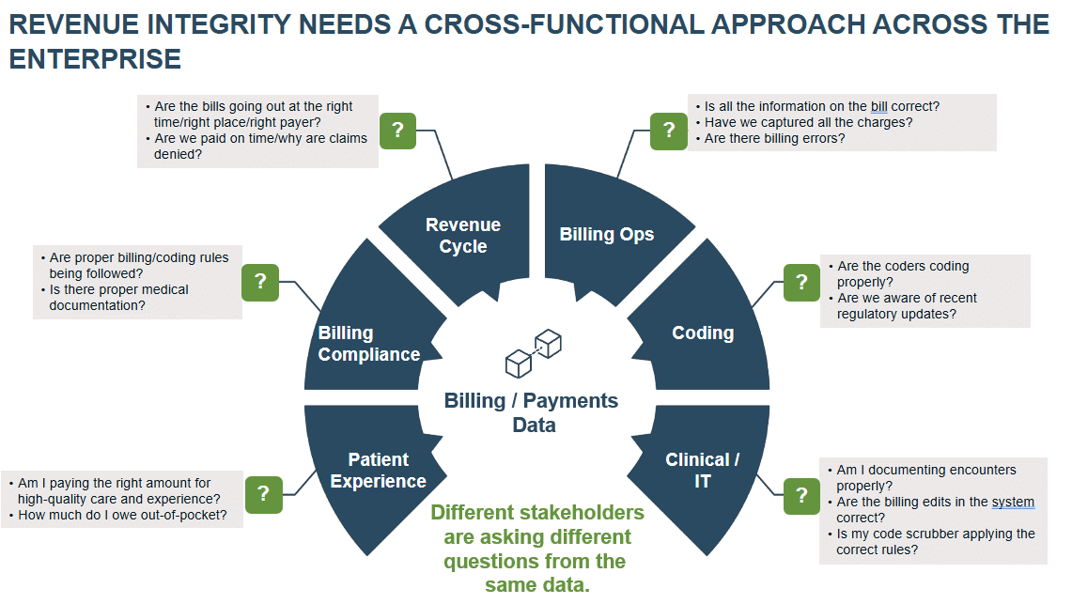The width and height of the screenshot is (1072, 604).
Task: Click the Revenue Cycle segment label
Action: point(463,236)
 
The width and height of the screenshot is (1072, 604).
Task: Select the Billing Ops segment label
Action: point(606,235)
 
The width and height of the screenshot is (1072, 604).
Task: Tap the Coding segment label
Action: point(703,333)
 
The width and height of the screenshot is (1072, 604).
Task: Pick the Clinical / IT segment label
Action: point(702,470)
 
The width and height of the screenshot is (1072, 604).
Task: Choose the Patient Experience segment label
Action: point(379,470)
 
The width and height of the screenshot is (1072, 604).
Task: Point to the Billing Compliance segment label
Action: point(368,344)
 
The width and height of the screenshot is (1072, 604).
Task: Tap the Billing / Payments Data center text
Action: point(532,412)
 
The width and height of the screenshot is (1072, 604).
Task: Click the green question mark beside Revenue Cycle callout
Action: point(398,131)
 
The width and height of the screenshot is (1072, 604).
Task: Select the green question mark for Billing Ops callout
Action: point(669,131)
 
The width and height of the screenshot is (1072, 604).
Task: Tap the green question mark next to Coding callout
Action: point(801,282)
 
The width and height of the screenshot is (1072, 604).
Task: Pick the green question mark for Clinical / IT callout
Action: point(801,495)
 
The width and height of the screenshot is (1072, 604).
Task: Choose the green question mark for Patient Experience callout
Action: point(264,494)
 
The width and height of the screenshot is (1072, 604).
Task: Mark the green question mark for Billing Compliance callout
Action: point(260,281)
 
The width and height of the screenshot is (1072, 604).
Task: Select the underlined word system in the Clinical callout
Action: point(1013,502)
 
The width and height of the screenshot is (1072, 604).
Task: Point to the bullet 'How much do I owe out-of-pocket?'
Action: point(122,515)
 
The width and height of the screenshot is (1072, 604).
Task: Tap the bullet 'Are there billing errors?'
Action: point(774,138)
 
